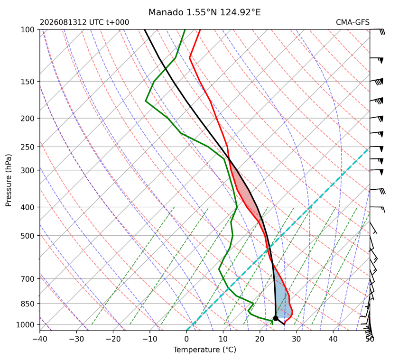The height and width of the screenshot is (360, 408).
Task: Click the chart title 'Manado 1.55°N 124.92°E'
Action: pyautogui.click(x=204, y=12)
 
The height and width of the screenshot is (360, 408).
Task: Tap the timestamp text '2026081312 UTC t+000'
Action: pyautogui.click(x=84, y=22)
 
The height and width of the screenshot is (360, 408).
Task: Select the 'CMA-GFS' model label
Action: pyautogui.click(x=352, y=22)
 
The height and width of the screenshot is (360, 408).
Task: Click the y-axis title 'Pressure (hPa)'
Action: pyautogui.click(x=9, y=180)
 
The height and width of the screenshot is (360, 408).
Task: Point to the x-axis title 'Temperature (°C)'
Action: pyautogui.click(x=205, y=350)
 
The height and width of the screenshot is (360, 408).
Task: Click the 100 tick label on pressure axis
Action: pyautogui.click(x=28, y=30)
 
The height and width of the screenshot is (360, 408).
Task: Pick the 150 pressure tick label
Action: pyautogui.click(x=28, y=82)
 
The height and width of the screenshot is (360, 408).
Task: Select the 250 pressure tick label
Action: pyautogui.click(x=28, y=147)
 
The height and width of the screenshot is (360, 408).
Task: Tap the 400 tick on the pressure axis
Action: pyautogui.click(x=28, y=207)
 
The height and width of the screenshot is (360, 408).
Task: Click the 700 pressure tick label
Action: pyautogui.click(x=28, y=279)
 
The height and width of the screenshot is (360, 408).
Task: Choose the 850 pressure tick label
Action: pyautogui.click(x=28, y=304)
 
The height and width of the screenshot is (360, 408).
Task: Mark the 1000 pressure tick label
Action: pyautogui.click(x=26, y=324)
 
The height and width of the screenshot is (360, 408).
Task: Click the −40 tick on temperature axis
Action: pyautogui.click(x=40, y=339)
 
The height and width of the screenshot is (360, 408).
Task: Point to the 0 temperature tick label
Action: pyautogui.click(x=186, y=339)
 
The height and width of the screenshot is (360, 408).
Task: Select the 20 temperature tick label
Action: pyautogui.click(x=260, y=339)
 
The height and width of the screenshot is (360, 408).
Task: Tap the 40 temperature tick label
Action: pyautogui.click(x=333, y=339)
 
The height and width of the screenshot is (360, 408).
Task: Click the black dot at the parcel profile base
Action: pyautogui.click(x=276, y=318)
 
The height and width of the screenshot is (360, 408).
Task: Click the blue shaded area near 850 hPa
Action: pyautogui.click(x=283, y=299)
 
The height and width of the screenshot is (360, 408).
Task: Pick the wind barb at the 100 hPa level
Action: pyautogui.click(x=378, y=31)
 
